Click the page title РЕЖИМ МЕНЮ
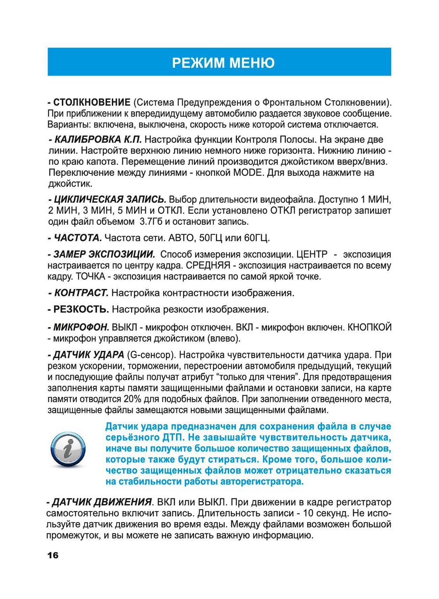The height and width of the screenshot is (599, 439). point(223,63)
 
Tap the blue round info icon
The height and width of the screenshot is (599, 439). point(68,449)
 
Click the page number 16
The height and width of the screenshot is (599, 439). point(53,555)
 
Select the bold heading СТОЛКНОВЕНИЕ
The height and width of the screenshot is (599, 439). point(91,103)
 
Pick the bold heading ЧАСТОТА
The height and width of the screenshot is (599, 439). point(77,238)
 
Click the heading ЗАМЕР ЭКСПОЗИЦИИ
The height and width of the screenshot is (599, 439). point(104,255)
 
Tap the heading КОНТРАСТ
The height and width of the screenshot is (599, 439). point(81,293)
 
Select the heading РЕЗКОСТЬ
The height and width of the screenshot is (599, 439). point(81,310)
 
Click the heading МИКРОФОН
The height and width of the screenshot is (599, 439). point(81,328)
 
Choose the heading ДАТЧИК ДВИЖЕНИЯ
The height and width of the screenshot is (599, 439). point(102,502)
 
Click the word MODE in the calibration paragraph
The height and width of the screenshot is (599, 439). point(248,173)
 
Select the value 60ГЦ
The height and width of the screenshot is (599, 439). point(256,238)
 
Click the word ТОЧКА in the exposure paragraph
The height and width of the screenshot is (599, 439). point(90,277)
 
